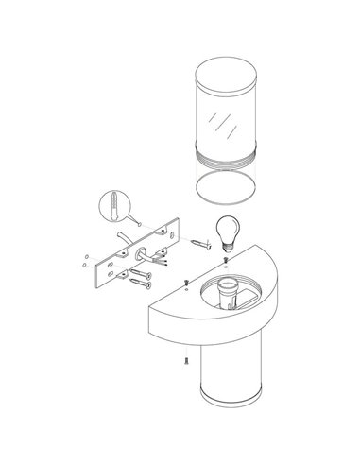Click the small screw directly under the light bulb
224,260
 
